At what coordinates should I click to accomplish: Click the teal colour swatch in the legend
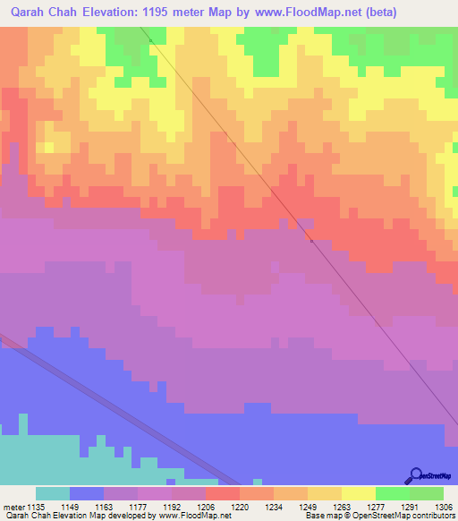point(53,493)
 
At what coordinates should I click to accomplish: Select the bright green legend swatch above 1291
point(392,493)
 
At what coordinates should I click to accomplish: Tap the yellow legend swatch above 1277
point(358,493)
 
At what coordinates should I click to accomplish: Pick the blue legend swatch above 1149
point(87,493)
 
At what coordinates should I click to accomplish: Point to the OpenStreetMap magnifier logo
point(415,474)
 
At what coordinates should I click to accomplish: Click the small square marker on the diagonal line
point(310,240)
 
